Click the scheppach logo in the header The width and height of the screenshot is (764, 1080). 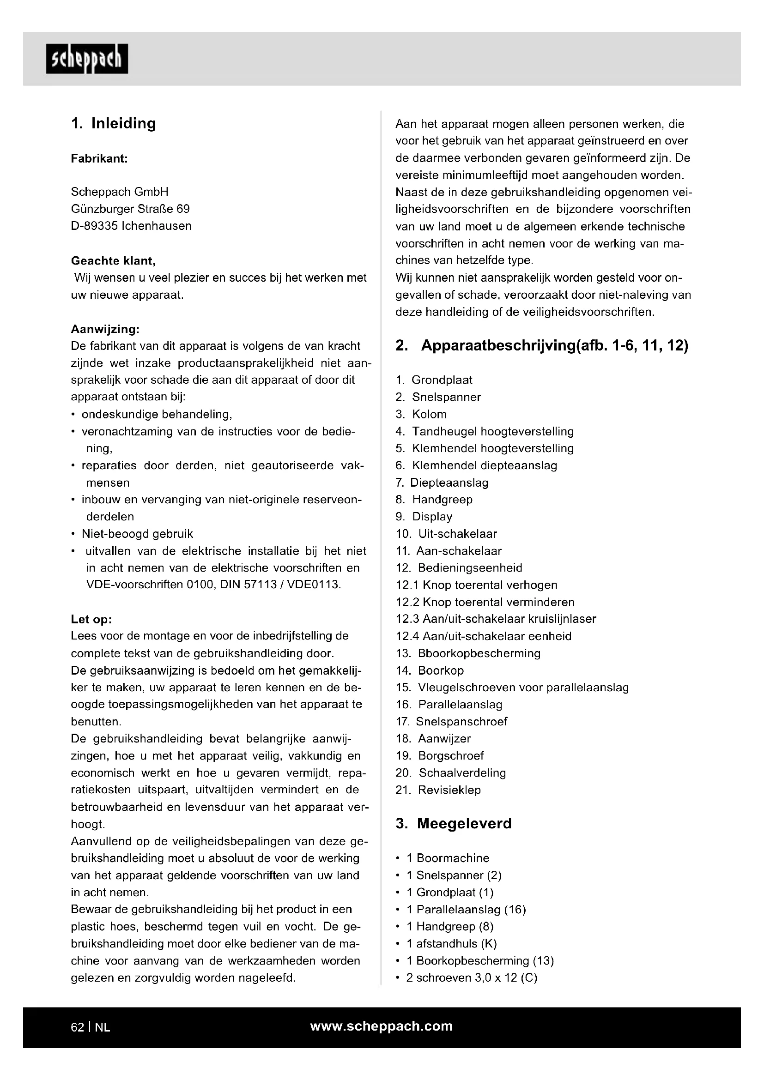click(86, 59)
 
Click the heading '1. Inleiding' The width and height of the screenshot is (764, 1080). click(113, 123)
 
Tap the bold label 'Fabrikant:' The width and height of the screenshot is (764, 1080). click(99, 158)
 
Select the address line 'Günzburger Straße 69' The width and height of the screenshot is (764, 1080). click(130, 208)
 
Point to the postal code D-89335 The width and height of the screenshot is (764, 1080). click(95, 226)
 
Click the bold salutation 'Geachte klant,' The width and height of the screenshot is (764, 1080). click(113, 260)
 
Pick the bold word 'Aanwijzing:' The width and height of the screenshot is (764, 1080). click(105, 328)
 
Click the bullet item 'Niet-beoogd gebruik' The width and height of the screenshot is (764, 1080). click(137, 533)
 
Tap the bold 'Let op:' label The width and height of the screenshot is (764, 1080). click(91, 619)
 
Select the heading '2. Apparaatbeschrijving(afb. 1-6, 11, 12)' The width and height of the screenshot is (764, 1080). click(541, 346)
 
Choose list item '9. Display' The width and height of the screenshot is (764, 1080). click(424, 517)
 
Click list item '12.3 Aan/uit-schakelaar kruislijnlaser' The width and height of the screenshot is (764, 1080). click(496, 619)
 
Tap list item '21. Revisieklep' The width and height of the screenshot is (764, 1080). click(438, 790)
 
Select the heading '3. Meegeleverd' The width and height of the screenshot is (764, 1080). click(454, 823)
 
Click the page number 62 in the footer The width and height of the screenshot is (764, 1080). click(77, 1027)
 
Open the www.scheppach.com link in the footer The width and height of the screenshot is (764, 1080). click(381, 1026)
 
